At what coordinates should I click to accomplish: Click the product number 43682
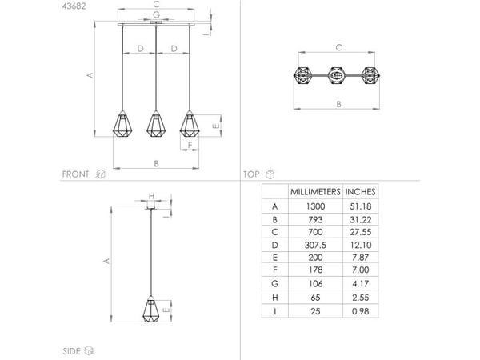pos(74,6)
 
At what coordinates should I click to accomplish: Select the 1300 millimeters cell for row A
pos(315,206)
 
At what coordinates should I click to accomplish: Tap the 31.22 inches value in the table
pos(361,219)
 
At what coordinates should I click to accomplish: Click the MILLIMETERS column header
pos(315,192)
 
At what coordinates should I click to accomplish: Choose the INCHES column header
pos(360,192)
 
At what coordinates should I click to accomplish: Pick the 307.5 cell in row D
pos(315,245)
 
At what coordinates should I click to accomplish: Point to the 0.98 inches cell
pos(361,311)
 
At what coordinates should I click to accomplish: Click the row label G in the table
pos(274,284)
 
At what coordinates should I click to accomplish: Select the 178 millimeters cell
pos(315,270)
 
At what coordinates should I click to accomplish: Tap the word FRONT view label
pos(75,174)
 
